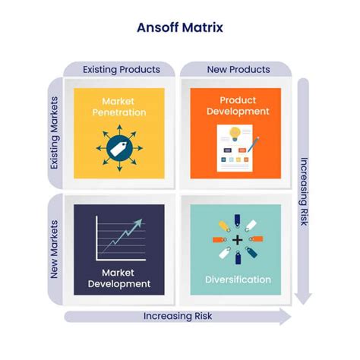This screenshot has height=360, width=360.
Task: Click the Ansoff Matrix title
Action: click(x=179, y=29)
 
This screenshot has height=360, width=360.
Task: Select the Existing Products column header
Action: click(x=121, y=69)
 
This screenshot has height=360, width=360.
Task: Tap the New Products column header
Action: click(x=238, y=69)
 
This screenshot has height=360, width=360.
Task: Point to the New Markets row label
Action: click(x=55, y=249)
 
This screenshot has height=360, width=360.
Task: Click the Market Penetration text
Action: click(x=119, y=107)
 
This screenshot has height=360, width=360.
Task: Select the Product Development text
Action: click(x=235, y=106)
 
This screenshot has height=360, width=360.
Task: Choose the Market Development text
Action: click(x=119, y=278)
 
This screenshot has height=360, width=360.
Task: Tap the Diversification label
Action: click(x=237, y=279)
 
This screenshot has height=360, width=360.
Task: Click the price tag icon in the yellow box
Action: click(x=118, y=150)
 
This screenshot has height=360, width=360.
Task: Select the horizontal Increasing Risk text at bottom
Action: click(x=178, y=314)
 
